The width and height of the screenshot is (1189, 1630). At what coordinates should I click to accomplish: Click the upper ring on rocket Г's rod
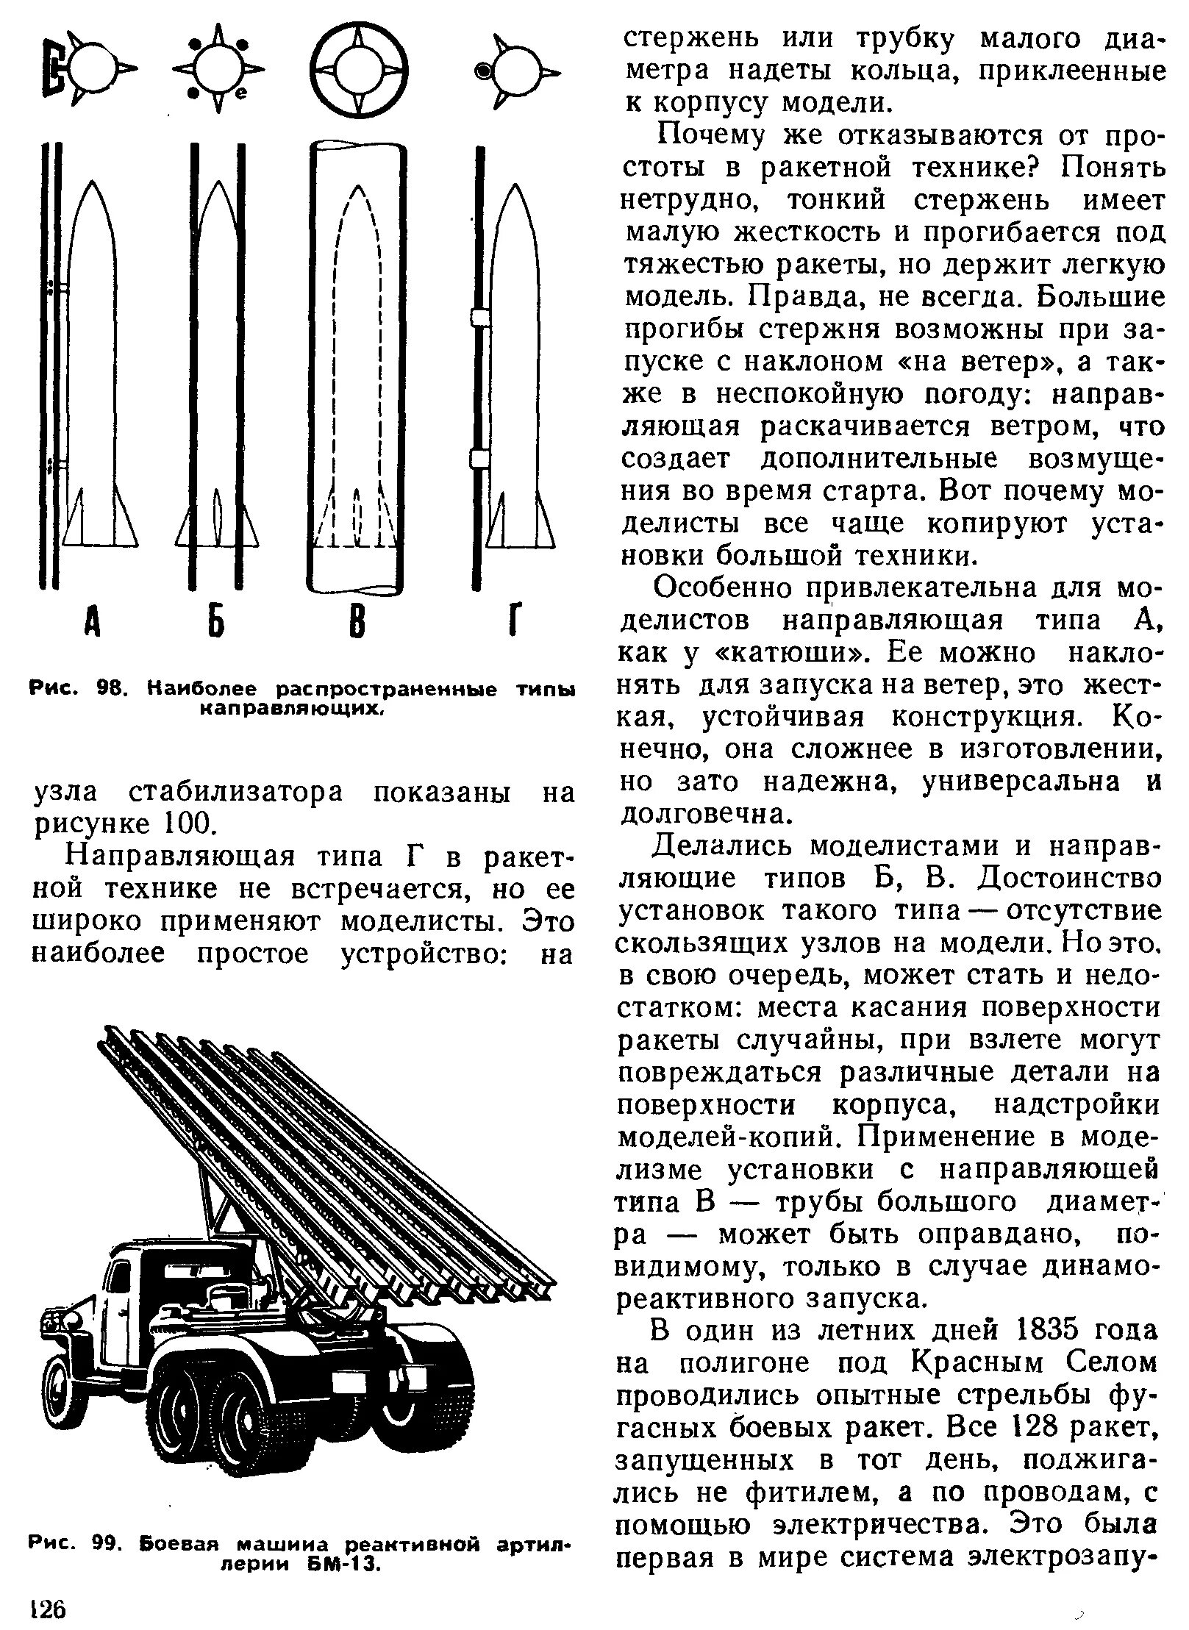click(x=479, y=318)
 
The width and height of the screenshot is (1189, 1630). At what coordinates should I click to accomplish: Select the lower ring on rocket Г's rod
click(x=479, y=460)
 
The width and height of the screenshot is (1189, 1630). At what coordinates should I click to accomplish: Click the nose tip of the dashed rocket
click(x=357, y=190)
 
